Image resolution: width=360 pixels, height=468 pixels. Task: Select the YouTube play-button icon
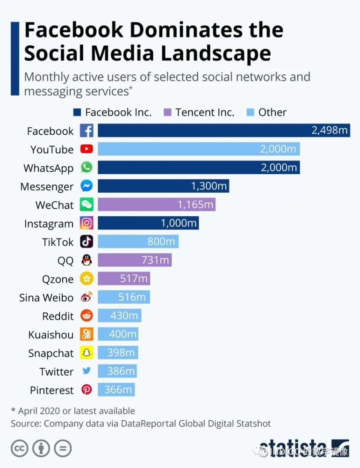(x=86, y=149)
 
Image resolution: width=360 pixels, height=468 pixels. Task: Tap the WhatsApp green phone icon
(x=86, y=168)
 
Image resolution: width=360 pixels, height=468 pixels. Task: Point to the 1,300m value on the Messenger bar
(x=209, y=186)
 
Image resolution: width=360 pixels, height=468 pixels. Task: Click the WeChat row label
(x=54, y=205)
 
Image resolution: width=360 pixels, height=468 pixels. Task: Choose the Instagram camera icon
(x=86, y=223)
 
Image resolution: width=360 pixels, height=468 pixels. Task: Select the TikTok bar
(x=138, y=241)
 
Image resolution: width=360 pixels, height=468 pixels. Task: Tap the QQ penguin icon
(x=86, y=260)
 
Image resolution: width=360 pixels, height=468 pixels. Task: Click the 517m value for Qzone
(x=134, y=279)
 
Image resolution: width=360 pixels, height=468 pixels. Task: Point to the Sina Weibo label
(x=46, y=298)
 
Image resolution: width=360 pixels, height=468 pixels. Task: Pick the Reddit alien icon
(x=86, y=316)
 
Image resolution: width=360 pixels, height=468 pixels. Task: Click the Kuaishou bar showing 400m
(x=118, y=334)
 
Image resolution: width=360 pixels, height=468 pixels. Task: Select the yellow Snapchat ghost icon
(x=86, y=353)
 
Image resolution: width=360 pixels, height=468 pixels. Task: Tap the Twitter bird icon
(x=86, y=371)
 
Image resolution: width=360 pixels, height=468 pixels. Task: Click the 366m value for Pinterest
(x=118, y=390)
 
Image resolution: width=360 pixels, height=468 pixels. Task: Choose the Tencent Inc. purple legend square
(x=167, y=112)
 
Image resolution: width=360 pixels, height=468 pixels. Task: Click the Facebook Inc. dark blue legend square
(x=77, y=112)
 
